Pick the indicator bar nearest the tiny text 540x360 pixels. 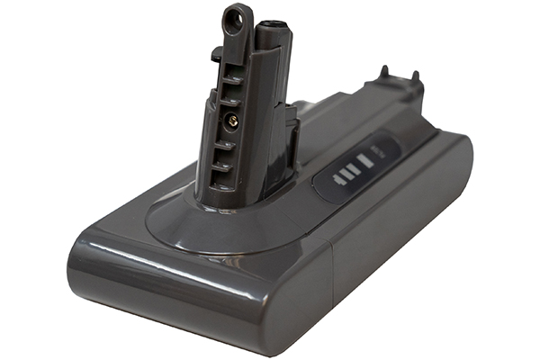point(365,165)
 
